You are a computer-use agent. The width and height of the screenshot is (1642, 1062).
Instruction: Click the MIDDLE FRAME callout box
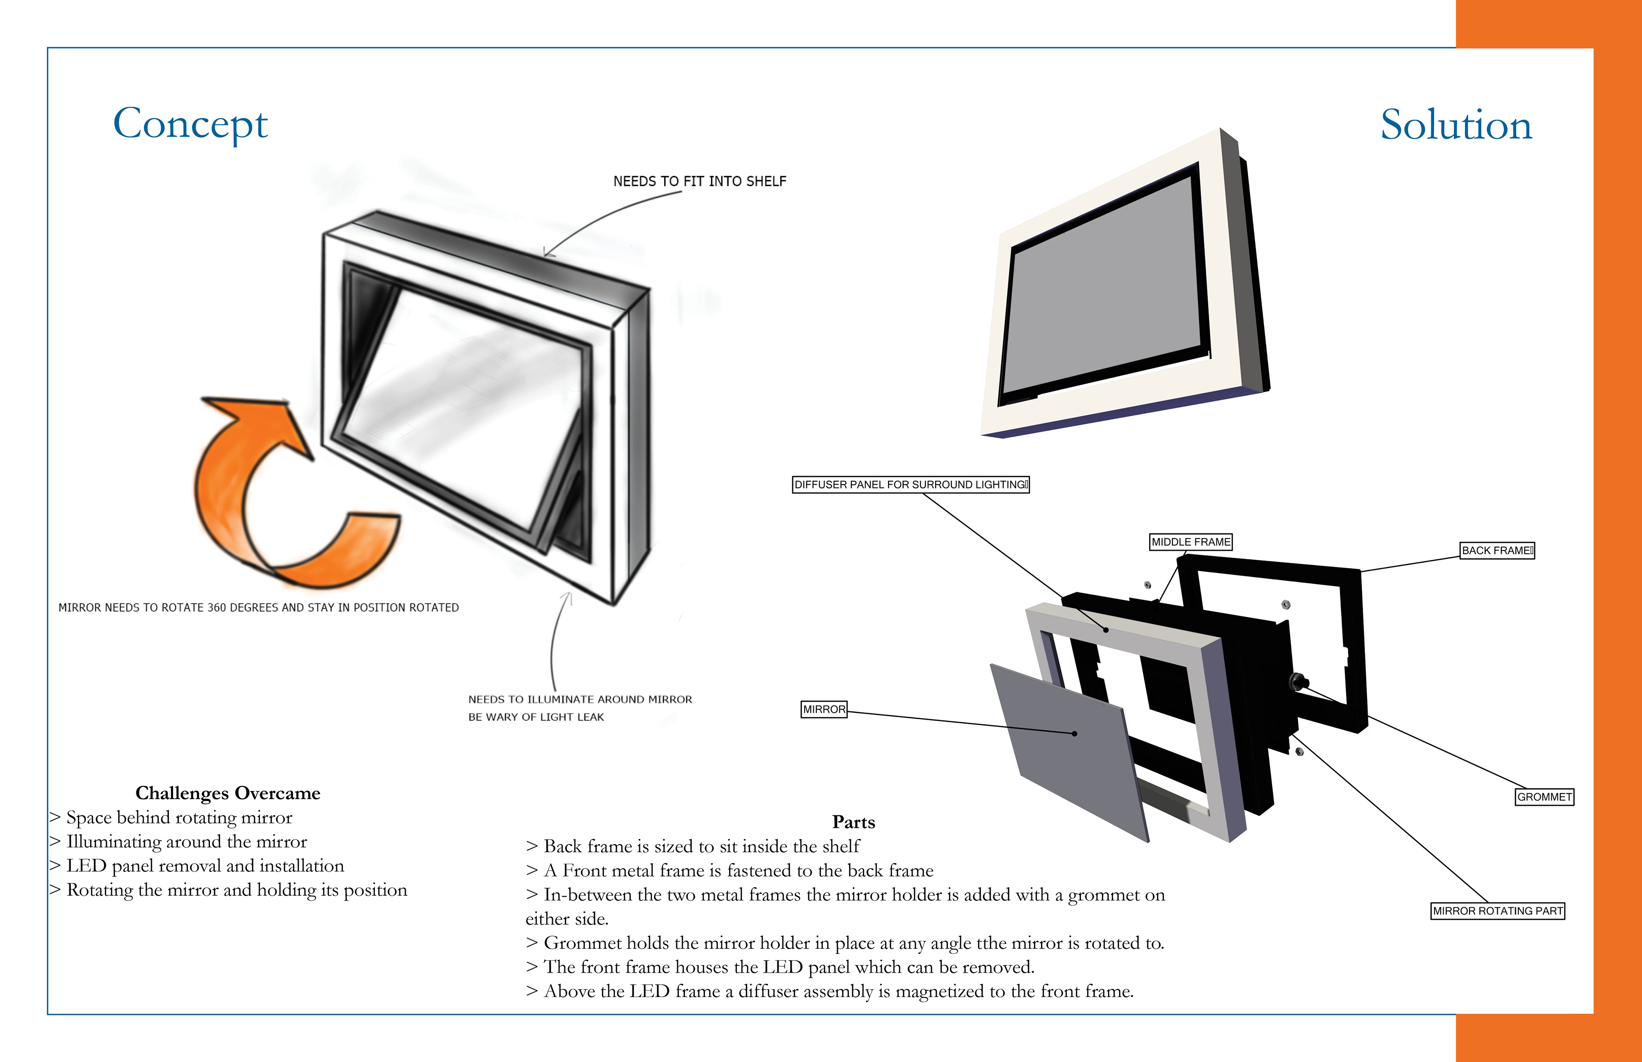tap(1190, 542)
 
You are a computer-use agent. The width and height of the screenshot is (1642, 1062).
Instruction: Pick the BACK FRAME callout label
tap(1497, 550)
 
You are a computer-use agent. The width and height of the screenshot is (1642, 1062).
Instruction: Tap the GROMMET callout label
tap(1544, 797)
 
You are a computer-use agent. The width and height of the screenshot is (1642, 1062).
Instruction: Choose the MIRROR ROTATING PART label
tap(1497, 911)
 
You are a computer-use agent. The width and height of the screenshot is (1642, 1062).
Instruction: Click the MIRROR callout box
tap(824, 709)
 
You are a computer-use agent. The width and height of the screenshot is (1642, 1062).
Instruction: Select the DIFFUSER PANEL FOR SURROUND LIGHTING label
tap(911, 485)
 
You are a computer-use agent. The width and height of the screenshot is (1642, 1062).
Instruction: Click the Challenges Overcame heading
tap(227, 793)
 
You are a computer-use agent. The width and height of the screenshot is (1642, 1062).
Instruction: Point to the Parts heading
tap(853, 822)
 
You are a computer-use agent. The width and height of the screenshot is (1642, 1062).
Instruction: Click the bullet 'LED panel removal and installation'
tap(205, 866)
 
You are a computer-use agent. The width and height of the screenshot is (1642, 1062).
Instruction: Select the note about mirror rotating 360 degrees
tap(259, 608)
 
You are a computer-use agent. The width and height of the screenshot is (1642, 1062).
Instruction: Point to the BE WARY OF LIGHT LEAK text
tap(536, 717)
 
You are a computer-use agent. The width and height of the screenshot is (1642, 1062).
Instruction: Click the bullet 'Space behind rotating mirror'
tap(179, 818)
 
